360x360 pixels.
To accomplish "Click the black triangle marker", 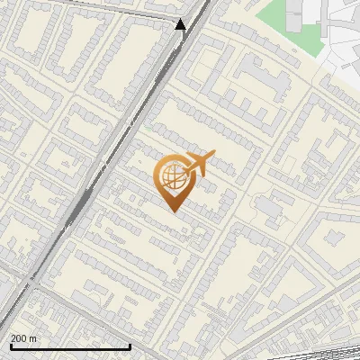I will click(181, 24).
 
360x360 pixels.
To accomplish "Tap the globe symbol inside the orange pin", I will click(173, 176).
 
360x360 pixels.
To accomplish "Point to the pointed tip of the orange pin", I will click(173, 211).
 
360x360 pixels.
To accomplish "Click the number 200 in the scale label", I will click(19, 338).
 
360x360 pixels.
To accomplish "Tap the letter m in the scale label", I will click(34, 338).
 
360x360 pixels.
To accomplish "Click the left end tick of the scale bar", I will click(10, 345).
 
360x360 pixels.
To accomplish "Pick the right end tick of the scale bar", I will click(130, 345).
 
